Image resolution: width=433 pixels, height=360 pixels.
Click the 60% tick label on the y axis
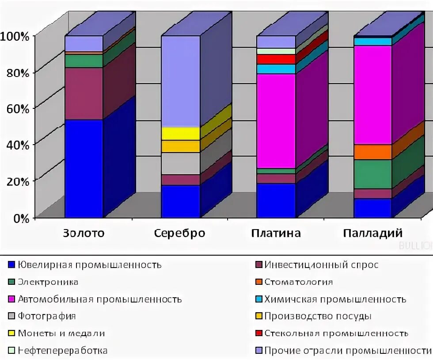18,108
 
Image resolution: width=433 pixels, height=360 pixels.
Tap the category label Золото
84,233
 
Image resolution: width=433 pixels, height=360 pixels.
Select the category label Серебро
180,233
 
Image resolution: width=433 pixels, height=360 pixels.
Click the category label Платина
276,233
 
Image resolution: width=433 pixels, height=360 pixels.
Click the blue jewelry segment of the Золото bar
84,168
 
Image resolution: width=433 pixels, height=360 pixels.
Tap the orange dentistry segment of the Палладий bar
372,152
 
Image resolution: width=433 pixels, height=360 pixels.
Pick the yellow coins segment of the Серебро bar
180,133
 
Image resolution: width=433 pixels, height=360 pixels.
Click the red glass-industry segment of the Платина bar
276,59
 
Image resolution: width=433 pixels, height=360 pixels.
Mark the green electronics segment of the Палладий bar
372,174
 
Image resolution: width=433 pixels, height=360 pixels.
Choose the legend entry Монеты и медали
61,333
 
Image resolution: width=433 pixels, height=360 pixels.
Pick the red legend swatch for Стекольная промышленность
259,333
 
